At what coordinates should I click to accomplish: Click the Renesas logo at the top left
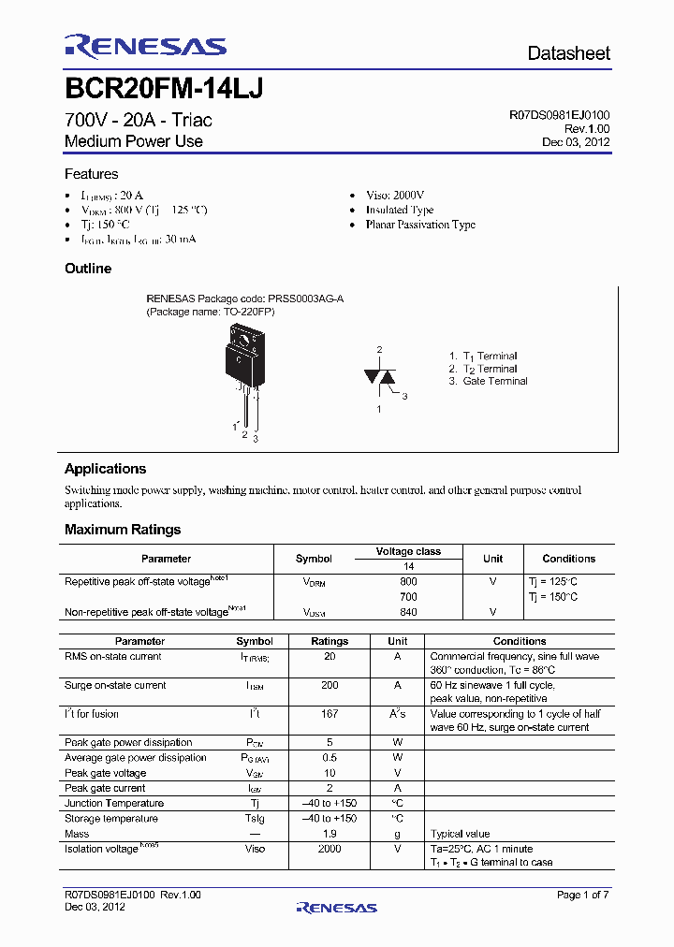pos(145,47)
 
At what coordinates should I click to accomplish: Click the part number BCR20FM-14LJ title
pos(163,89)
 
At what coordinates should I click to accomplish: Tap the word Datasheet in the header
pos(568,53)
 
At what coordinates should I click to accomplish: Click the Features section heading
pos(91,174)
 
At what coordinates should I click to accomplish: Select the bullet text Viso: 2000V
pos(394,195)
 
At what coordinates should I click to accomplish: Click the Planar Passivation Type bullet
pos(419,225)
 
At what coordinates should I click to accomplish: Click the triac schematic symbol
pos(379,376)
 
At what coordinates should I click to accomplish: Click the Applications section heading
pos(105,469)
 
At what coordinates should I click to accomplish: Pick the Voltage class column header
pos(408,552)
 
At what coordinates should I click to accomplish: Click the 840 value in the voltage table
pos(408,612)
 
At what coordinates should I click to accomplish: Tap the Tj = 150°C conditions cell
pos(552,596)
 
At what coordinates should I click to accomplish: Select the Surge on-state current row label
pos(115,686)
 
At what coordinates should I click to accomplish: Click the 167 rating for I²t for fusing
pos(329,714)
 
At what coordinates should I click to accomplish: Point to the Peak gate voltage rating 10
pos(329,773)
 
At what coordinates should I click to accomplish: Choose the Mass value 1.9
pos(329,833)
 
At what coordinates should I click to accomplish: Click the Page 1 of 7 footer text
pos(582,896)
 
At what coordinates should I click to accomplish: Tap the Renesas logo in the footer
pos(336,907)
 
